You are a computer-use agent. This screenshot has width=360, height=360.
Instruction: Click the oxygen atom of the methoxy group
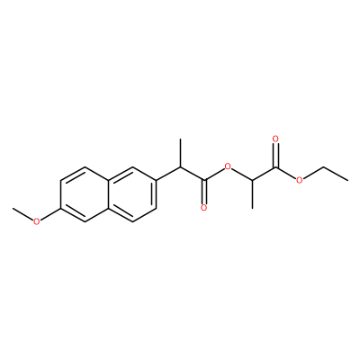(x=36, y=221)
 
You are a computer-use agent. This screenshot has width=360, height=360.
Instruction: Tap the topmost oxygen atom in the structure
(x=275, y=139)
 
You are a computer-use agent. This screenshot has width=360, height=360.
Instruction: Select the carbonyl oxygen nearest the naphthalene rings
(x=204, y=208)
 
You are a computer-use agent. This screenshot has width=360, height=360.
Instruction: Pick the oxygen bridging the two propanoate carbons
(x=228, y=166)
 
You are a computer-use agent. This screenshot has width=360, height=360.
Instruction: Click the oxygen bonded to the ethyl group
(x=300, y=180)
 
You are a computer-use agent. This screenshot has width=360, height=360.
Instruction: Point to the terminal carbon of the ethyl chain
(x=347, y=180)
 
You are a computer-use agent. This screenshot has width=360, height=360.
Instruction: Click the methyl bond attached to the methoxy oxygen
(x=22, y=213)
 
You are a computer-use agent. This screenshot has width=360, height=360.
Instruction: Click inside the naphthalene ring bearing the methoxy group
(x=85, y=194)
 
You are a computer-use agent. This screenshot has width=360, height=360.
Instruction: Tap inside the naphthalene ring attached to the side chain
(x=132, y=194)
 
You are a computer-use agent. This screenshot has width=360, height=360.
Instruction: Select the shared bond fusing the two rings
(x=109, y=194)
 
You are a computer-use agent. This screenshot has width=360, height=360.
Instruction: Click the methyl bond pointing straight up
(x=180, y=152)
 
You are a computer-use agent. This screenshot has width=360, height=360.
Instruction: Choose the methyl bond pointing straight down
(x=252, y=194)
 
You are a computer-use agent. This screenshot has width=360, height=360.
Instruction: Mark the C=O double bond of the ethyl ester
(x=275, y=155)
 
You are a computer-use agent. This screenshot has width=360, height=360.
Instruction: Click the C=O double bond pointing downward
(x=204, y=192)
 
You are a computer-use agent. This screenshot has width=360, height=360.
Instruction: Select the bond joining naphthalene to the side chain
(x=168, y=174)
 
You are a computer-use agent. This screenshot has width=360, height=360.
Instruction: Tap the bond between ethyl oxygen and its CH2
(x=314, y=173)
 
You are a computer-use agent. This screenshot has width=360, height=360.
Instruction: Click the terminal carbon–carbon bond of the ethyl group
(x=336, y=174)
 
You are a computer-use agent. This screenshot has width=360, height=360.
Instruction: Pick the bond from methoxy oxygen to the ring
(x=50, y=214)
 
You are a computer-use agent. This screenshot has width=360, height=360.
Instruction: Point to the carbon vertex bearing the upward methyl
(x=180, y=166)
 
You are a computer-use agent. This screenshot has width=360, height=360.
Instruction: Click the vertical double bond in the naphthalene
(x=62, y=194)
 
